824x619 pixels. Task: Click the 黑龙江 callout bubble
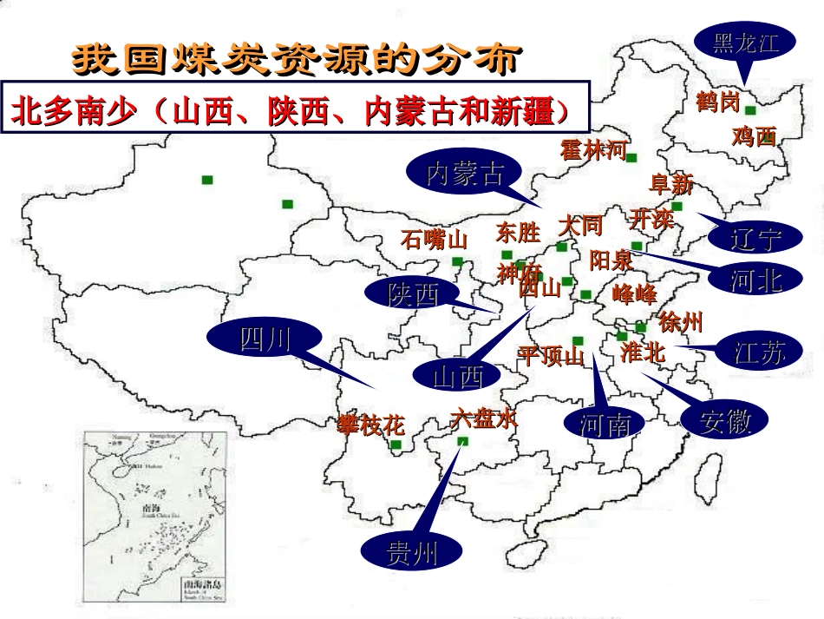[745, 43]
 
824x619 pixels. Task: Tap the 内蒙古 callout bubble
[465, 175]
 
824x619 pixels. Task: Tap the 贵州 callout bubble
[412, 553]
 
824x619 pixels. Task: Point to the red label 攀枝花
[372, 425]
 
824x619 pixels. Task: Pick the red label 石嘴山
[434, 239]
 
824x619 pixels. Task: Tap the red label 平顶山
[551, 355]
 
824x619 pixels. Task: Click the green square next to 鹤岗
[750, 110]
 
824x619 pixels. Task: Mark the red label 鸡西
[754, 136]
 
